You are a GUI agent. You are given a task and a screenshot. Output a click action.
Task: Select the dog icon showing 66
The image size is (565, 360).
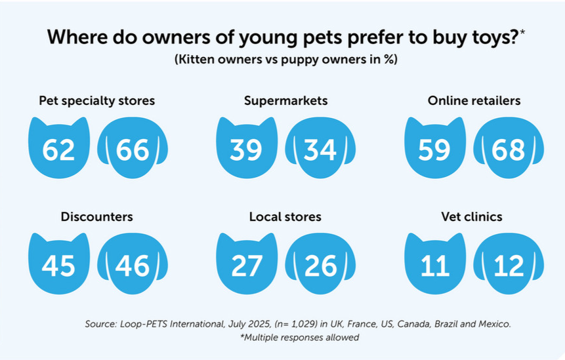pos(132,150)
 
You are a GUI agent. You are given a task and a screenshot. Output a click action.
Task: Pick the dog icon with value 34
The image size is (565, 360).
pos(320,150)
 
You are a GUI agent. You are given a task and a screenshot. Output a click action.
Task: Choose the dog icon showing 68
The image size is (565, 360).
pos(508,150)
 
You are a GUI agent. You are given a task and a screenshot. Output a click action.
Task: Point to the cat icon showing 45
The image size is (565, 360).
pos(59,264)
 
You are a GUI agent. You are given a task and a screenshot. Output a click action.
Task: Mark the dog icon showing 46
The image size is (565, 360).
pos(132,264)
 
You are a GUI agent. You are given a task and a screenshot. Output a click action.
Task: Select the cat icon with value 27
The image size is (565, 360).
pos(247,264)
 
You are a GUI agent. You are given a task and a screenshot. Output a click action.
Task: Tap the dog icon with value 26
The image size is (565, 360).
pos(320,264)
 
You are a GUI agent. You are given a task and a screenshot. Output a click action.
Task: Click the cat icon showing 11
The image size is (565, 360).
pos(434,264)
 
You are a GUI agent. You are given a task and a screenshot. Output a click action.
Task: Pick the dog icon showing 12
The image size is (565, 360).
pos(508,264)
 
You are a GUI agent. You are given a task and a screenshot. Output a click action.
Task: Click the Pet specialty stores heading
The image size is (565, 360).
pos(97,101)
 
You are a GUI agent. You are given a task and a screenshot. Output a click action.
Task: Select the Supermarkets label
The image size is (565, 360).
pos(285,101)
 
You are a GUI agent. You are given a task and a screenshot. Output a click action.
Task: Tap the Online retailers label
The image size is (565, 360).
pos(474,101)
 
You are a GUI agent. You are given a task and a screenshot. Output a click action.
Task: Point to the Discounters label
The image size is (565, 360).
pos(97,216)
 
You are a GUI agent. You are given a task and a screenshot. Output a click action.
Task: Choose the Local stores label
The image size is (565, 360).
pos(285,216)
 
